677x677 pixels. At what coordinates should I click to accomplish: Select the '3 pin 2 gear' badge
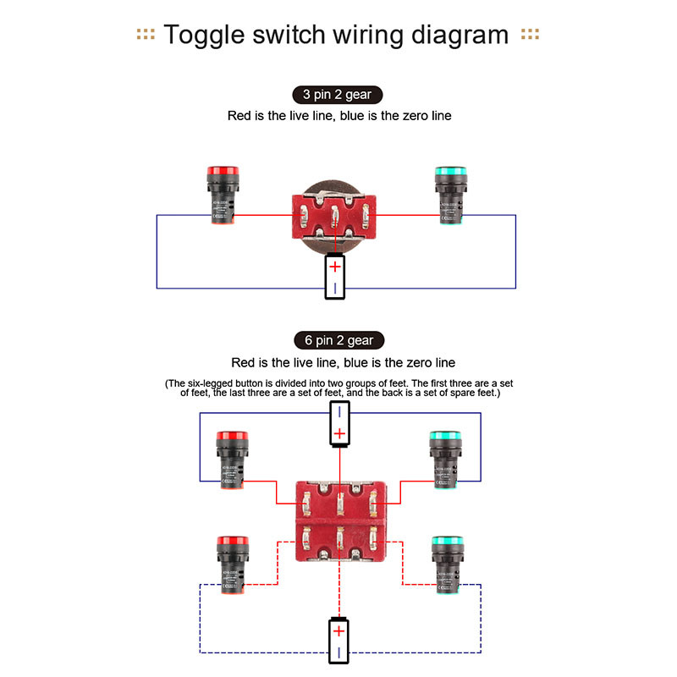pos(338,95)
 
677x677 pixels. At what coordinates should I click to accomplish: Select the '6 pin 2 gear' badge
pos(338,340)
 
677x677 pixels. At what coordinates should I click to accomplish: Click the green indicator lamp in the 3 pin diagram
pos(449,195)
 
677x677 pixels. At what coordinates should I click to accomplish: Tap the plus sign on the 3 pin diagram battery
pos(336,267)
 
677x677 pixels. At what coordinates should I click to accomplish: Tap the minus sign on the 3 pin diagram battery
pos(336,288)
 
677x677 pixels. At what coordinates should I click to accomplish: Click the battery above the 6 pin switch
pos(338,423)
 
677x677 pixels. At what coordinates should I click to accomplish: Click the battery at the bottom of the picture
pos(338,641)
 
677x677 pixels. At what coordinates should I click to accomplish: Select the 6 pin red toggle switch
pos(338,520)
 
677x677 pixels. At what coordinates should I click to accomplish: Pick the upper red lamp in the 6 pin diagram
pos(229,460)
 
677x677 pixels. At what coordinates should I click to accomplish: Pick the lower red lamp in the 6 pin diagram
pos(229,565)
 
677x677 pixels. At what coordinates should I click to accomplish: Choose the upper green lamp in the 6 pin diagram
pos(444,460)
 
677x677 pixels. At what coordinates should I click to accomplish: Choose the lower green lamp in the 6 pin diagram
pos(444,565)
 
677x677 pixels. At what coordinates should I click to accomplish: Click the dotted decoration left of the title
pos(146,35)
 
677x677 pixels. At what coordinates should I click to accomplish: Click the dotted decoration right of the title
pos(531,35)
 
